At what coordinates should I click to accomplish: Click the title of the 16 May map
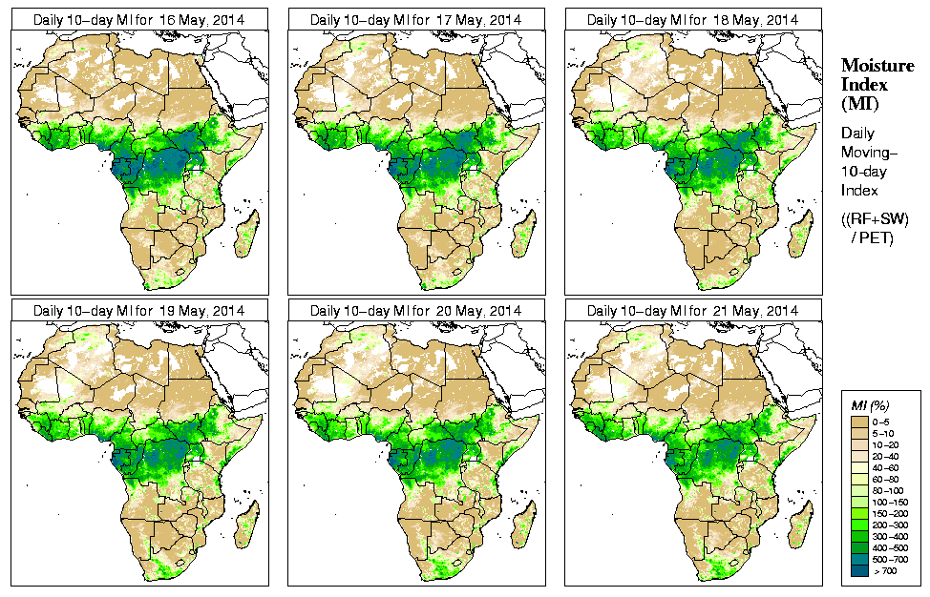[138, 20]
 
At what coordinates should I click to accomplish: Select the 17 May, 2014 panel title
[415, 20]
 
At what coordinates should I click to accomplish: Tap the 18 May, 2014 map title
[692, 20]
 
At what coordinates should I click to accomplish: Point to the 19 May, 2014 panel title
[138, 311]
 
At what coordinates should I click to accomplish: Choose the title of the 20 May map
[415, 311]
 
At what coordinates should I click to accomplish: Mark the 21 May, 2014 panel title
[692, 311]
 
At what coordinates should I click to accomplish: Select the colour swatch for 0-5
[859, 420]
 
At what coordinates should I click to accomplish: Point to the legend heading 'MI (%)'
[871, 406]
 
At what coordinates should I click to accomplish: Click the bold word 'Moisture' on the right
[877, 65]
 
